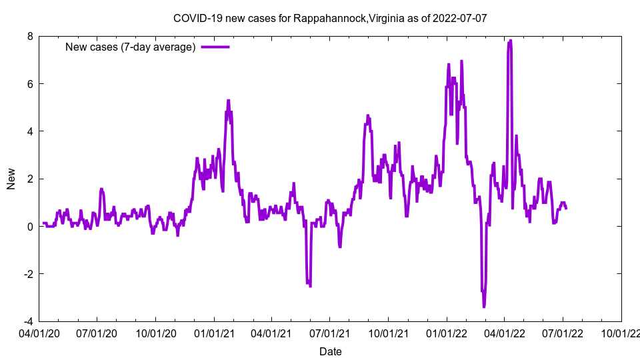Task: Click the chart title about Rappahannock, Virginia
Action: [x=330, y=18]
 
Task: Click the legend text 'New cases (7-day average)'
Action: [x=130, y=47]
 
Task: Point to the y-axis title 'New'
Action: [x=11, y=179]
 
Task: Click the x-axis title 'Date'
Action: [x=331, y=351]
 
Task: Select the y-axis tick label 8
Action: [x=29, y=37]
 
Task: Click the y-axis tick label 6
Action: [x=29, y=84]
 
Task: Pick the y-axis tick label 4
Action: [x=29, y=131]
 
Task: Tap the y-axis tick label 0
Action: [x=29, y=227]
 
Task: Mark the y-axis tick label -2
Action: [x=27, y=274]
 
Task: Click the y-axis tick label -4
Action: [x=27, y=321]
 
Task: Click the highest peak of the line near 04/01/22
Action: [x=511, y=41]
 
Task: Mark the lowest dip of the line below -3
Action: [x=484, y=306]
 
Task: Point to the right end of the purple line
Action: [x=566, y=209]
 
